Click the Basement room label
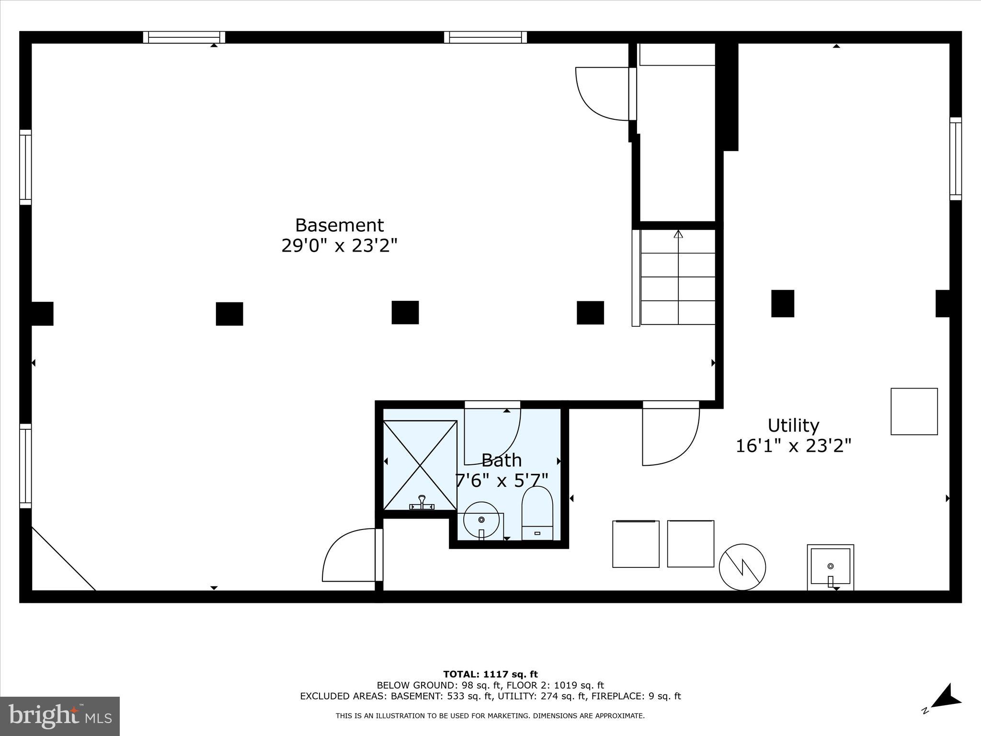[x=339, y=225]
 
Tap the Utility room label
[x=793, y=425]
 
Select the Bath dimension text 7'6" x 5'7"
[x=501, y=480]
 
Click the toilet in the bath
[x=537, y=514]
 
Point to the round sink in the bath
[x=481, y=520]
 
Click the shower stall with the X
[x=420, y=465]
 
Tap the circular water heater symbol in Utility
[x=742, y=567]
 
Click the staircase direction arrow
[x=678, y=235]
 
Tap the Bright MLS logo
[x=60, y=716]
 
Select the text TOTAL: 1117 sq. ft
[x=490, y=674]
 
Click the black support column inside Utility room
[x=782, y=303]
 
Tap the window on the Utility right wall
[x=955, y=159]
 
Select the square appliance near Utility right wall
[x=914, y=411]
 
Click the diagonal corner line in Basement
[x=63, y=559]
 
